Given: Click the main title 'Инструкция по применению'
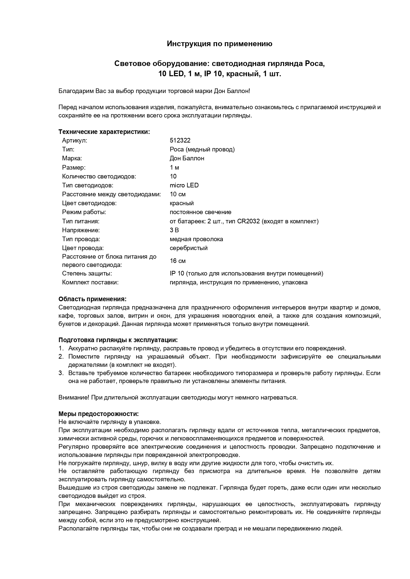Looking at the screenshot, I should point(219,44).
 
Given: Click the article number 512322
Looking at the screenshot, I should point(180,141).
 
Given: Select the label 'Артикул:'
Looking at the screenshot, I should point(75,141).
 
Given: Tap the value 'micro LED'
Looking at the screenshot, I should point(184,185).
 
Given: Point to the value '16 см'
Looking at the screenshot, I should point(178,261).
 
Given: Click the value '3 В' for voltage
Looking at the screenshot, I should point(174,230).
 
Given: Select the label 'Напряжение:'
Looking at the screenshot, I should point(81,230).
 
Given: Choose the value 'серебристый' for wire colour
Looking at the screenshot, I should point(189,248).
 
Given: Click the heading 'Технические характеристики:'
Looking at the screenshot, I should point(104,132).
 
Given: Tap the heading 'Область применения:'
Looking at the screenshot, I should point(93,299).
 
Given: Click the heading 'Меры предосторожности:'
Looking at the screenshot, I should point(98,414).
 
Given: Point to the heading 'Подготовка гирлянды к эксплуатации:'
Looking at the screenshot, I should point(118,340).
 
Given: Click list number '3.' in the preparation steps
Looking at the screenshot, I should point(61,373).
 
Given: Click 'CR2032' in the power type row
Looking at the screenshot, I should point(248,221).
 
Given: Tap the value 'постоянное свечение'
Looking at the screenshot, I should point(201,212).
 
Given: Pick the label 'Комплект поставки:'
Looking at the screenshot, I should point(90,282).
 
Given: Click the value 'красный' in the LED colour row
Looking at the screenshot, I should point(182,203).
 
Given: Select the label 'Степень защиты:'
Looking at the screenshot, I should point(87,273).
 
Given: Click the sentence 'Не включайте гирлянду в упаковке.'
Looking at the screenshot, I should point(110,422).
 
